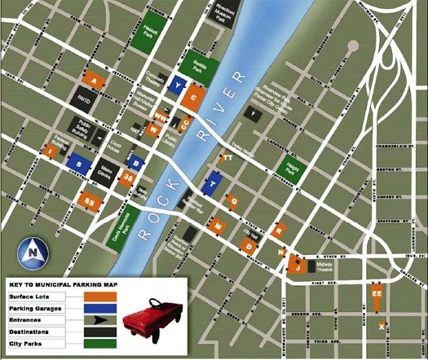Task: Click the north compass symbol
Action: point(32,252)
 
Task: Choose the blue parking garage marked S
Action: point(79,163)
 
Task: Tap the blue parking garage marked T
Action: point(212,183)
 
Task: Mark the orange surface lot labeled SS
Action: point(88,201)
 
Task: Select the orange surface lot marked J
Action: point(298,264)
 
